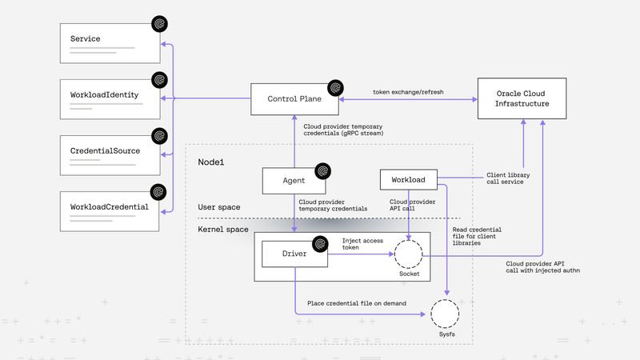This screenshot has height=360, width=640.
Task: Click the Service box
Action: coord(112,44)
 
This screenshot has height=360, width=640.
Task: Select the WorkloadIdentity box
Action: coord(112,100)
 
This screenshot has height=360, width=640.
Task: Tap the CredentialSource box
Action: coord(112,156)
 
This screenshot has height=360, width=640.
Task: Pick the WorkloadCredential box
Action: coord(112,212)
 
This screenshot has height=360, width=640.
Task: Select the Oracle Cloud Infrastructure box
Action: coord(522,98)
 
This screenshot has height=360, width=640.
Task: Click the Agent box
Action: coord(294,181)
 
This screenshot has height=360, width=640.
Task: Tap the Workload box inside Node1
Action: coord(408,180)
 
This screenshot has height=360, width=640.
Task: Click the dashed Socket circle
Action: coord(409,255)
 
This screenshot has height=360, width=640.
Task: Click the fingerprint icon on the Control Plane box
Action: coord(335,87)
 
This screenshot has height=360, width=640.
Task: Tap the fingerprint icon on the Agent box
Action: coord(323,170)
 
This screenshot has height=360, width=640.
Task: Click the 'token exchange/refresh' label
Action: coord(408,92)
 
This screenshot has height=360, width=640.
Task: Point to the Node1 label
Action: coord(212,162)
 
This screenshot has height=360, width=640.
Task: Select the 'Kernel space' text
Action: coord(223,230)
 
